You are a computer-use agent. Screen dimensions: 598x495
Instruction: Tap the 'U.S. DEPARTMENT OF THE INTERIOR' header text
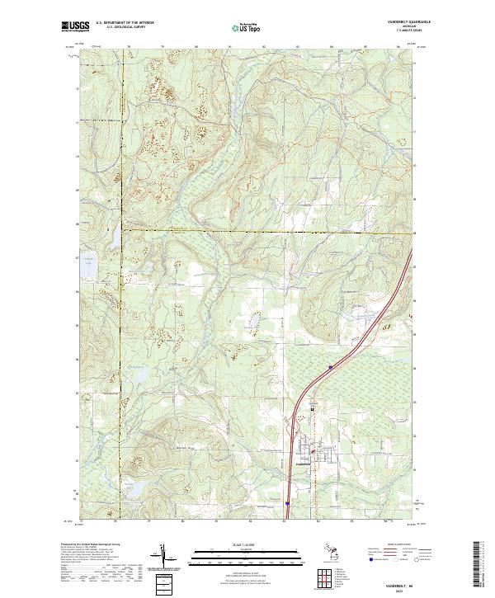tap(125, 22)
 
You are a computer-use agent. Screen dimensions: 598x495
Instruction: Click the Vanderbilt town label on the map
tap(304, 463)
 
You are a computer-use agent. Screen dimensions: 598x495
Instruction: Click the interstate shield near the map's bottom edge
tap(288, 502)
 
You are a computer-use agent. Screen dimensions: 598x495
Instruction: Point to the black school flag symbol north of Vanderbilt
tap(313, 409)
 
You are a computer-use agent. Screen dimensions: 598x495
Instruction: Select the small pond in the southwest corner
tap(130, 488)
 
